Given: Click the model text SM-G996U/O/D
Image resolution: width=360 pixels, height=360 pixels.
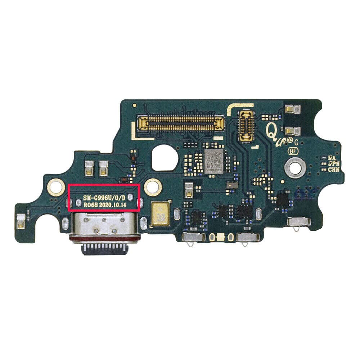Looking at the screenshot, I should click(104, 198).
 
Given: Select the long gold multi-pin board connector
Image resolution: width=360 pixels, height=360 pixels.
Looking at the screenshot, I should click(179, 123).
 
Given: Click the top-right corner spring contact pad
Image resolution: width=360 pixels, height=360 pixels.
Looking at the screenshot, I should click(291, 109).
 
